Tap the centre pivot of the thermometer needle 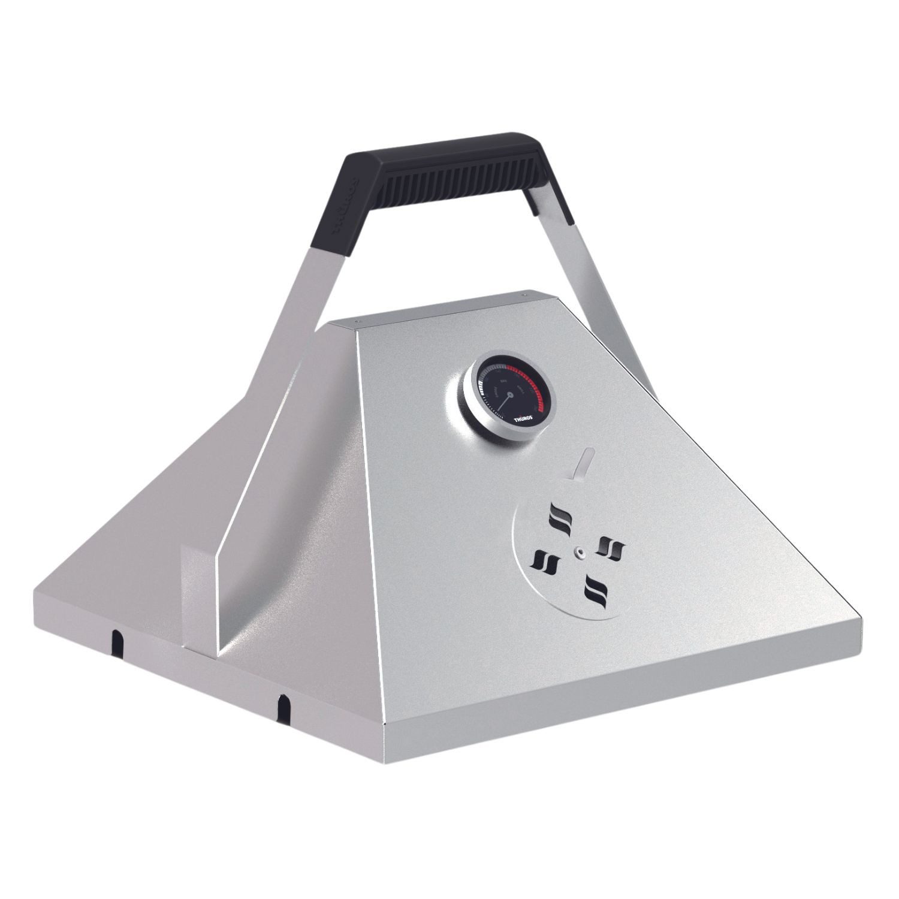(x=510, y=394)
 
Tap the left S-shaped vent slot (x=545, y=562)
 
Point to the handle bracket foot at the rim (x=198, y=599)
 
